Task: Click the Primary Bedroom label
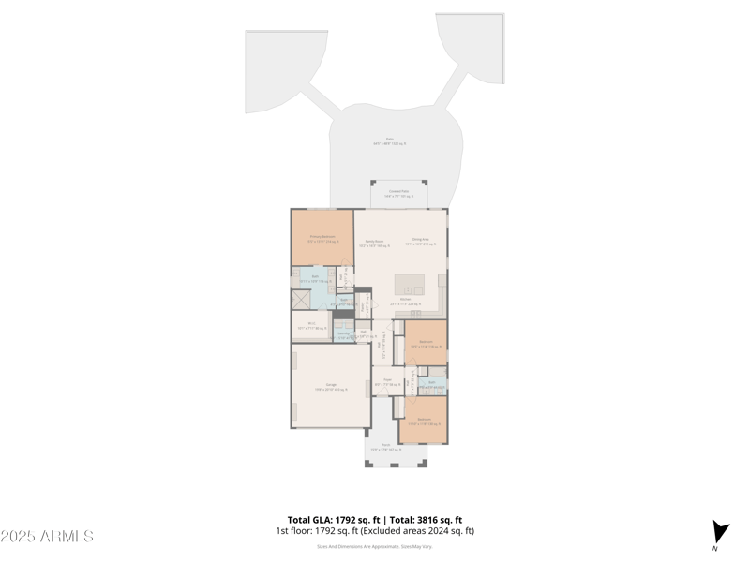(322, 239)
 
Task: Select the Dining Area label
(421, 241)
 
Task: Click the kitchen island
(410, 285)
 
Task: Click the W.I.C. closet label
(311, 326)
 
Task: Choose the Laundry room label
(343, 335)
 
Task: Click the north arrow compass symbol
(719, 532)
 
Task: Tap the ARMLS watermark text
(47, 536)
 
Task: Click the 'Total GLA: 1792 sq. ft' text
(333, 520)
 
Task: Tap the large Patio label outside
(389, 141)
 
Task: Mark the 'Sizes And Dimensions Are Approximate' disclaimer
(374, 546)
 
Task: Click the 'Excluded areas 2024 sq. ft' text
(427, 531)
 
